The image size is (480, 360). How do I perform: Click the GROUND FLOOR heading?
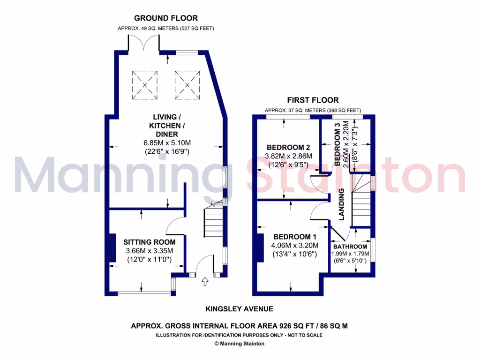(x=166, y=18)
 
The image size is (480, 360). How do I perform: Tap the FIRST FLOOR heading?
(x=313, y=100)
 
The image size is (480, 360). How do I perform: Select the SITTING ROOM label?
(x=150, y=242)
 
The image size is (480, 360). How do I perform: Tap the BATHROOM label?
(x=350, y=247)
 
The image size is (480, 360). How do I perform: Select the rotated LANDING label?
(x=342, y=204)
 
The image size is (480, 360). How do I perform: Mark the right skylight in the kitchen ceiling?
(x=187, y=85)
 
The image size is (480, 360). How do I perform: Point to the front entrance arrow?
(x=205, y=282)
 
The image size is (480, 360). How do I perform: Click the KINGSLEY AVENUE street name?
(x=240, y=309)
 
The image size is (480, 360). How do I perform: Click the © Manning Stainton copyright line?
(x=240, y=344)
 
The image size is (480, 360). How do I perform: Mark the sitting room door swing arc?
(x=176, y=226)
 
